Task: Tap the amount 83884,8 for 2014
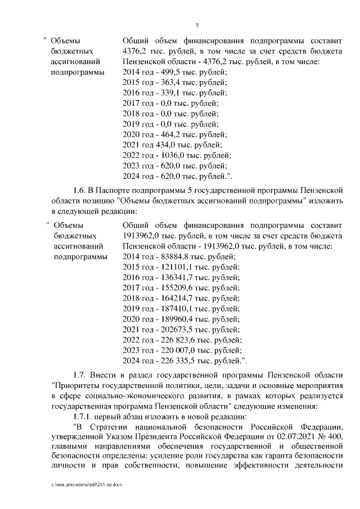[x=169, y=256]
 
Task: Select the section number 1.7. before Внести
[x=81, y=375]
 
